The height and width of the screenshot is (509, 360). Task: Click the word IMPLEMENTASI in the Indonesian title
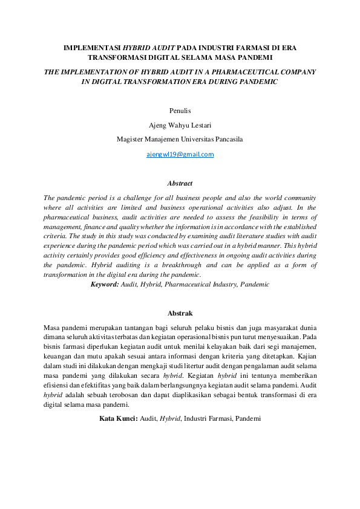click(x=93, y=47)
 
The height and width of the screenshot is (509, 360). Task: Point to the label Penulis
click(x=180, y=111)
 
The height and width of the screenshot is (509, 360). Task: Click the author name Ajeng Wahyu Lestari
click(x=180, y=125)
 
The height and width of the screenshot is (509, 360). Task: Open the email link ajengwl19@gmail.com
click(x=180, y=154)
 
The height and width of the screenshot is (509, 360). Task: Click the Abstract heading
click(x=180, y=183)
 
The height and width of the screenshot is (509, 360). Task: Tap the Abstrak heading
click(x=180, y=313)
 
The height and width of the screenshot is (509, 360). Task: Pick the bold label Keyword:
click(x=104, y=284)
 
